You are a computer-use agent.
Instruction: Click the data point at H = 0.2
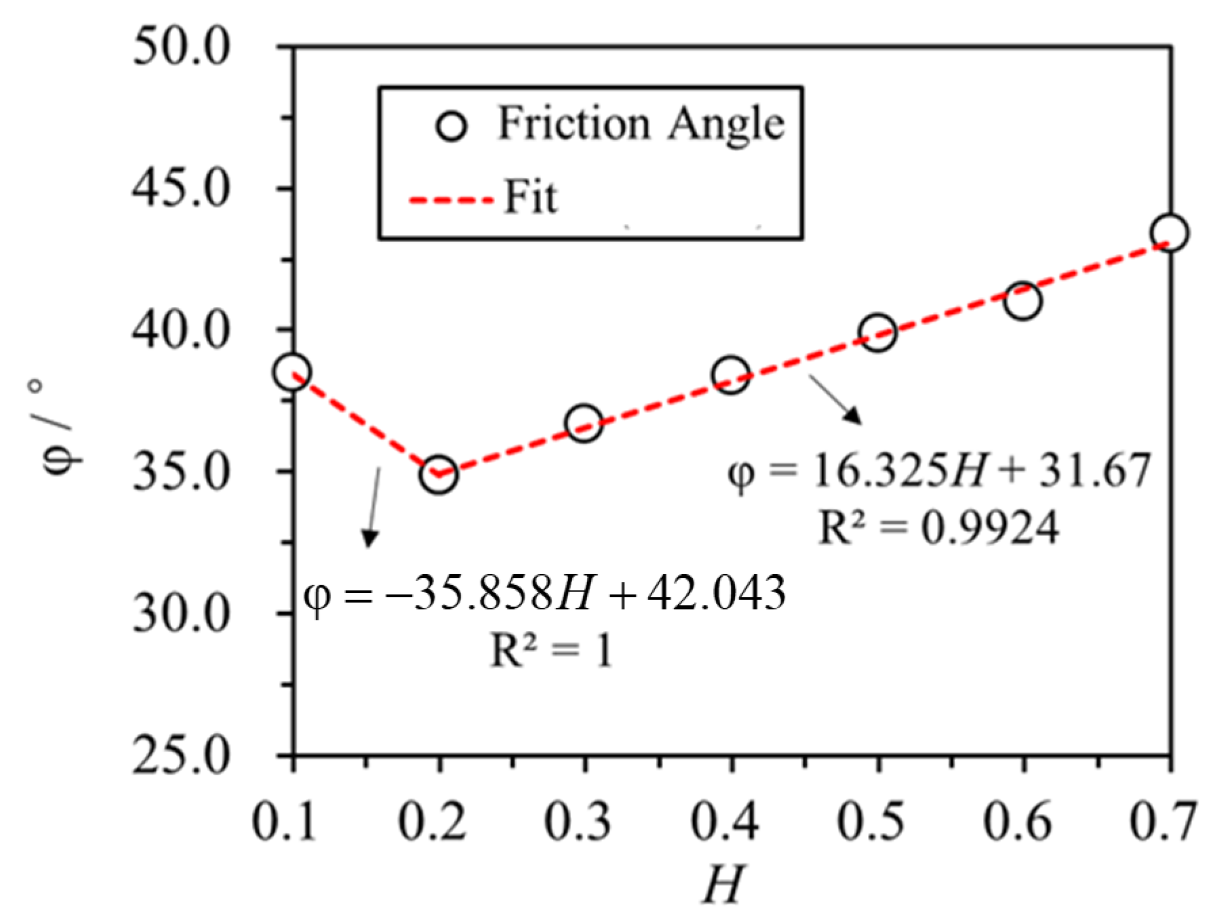(x=439, y=475)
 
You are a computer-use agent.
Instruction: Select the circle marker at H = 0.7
(x=1170, y=233)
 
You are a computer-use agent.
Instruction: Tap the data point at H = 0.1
(x=293, y=371)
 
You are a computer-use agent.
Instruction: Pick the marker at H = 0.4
(x=730, y=374)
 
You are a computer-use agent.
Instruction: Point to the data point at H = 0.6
(x=1023, y=301)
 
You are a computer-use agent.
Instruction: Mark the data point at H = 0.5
(x=877, y=332)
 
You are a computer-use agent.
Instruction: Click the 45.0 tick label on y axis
(x=181, y=189)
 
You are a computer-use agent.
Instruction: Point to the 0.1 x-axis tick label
(x=285, y=822)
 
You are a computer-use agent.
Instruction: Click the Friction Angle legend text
(x=641, y=123)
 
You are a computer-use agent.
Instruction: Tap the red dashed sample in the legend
(x=451, y=200)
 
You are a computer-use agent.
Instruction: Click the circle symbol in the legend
(x=452, y=125)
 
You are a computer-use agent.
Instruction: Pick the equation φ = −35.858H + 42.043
(x=544, y=593)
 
